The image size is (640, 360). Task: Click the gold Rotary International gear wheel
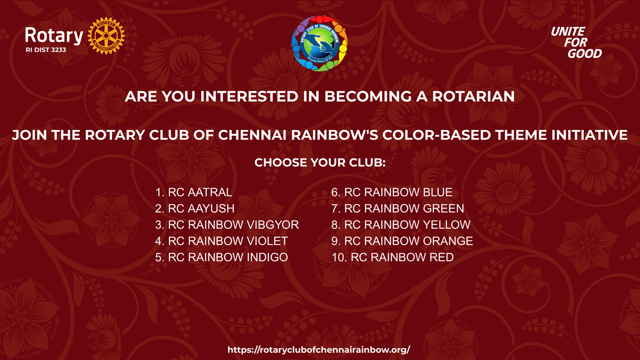106,36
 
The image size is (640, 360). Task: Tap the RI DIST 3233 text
46,50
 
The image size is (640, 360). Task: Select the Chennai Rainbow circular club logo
319,43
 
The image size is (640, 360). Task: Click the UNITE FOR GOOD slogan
576,42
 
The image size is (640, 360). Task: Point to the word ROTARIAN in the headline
473,96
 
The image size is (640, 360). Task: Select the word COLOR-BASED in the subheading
436,135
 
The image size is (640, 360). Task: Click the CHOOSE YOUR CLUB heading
320,162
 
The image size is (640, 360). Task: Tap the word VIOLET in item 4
267,241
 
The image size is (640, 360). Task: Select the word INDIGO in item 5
267,257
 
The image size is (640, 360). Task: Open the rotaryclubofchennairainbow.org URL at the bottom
319,350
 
